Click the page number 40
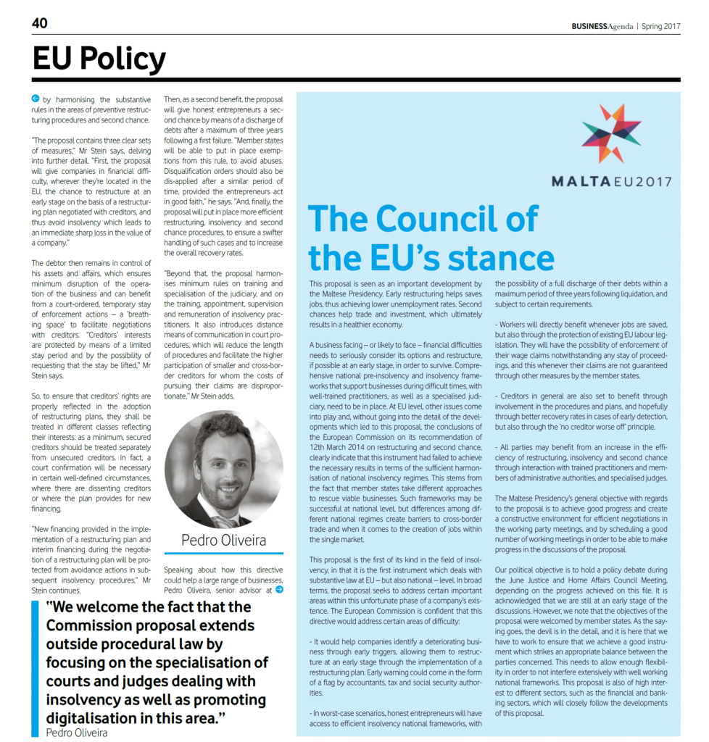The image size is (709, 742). pyautogui.click(x=40, y=23)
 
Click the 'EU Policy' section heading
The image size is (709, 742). pyautogui.click(x=99, y=59)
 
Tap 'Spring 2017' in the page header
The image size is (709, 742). pyautogui.click(x=660, y=26)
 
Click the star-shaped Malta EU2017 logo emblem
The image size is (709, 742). pyautogui.click(x=610, y=133)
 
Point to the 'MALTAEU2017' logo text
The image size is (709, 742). pyautogui.click(x=610, y=182)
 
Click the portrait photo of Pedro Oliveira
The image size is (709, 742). pyautogui.click(x=223, y=470)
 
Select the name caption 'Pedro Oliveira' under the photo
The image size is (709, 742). pyautogui.click(x=223, y=540)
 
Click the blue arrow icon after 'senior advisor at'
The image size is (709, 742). pyautogui.click(x=279, y=590)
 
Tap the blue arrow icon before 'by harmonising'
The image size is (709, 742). pyautogui.click(x=36, y=99)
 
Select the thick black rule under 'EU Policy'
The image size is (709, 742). pyautogui.click(x=356, y=79)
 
